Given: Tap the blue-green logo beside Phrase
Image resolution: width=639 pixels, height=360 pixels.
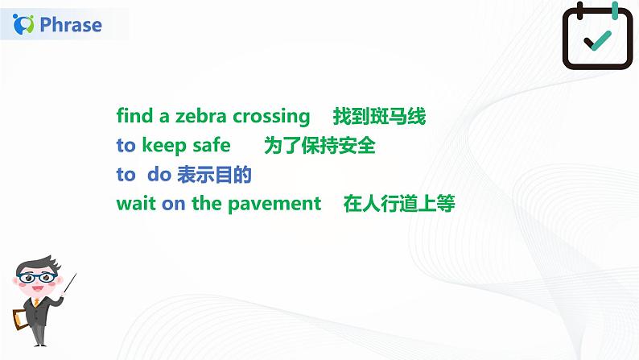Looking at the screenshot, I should pyautogui.click(x=26, y=25).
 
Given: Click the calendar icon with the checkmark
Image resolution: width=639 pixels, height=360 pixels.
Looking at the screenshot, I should pyautogui.click(x=596, y=37).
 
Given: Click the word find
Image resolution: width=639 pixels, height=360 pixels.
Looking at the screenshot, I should pyautogui.click(x=134, y=117).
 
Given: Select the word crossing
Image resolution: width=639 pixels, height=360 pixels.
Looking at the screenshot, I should pyautogui.click(x=271, y=117).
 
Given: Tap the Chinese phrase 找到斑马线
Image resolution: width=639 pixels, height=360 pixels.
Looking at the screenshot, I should pyautogui.click(x=379, y=117).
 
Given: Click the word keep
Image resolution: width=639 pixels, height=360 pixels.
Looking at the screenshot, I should pyautogui.click(x=163, y=146).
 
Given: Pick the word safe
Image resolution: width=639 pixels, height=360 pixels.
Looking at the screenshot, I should pyautogui.click(x=212, y=146).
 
